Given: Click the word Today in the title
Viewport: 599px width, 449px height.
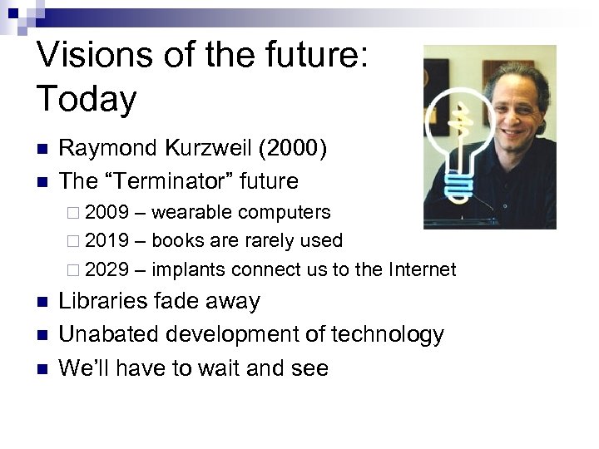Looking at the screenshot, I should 87,100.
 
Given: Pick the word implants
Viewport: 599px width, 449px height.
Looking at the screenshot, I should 190,270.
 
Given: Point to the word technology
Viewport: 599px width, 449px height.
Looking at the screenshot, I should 388,335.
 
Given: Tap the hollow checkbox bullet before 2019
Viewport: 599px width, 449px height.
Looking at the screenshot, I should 74,242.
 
